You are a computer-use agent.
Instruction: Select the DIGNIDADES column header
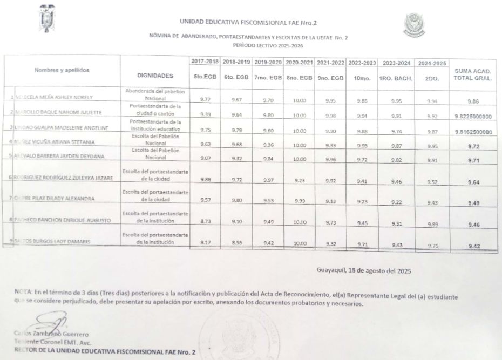155,76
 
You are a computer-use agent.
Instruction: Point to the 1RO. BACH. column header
395,78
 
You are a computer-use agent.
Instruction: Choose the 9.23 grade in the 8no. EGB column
296,181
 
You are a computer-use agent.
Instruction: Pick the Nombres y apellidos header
62,70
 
